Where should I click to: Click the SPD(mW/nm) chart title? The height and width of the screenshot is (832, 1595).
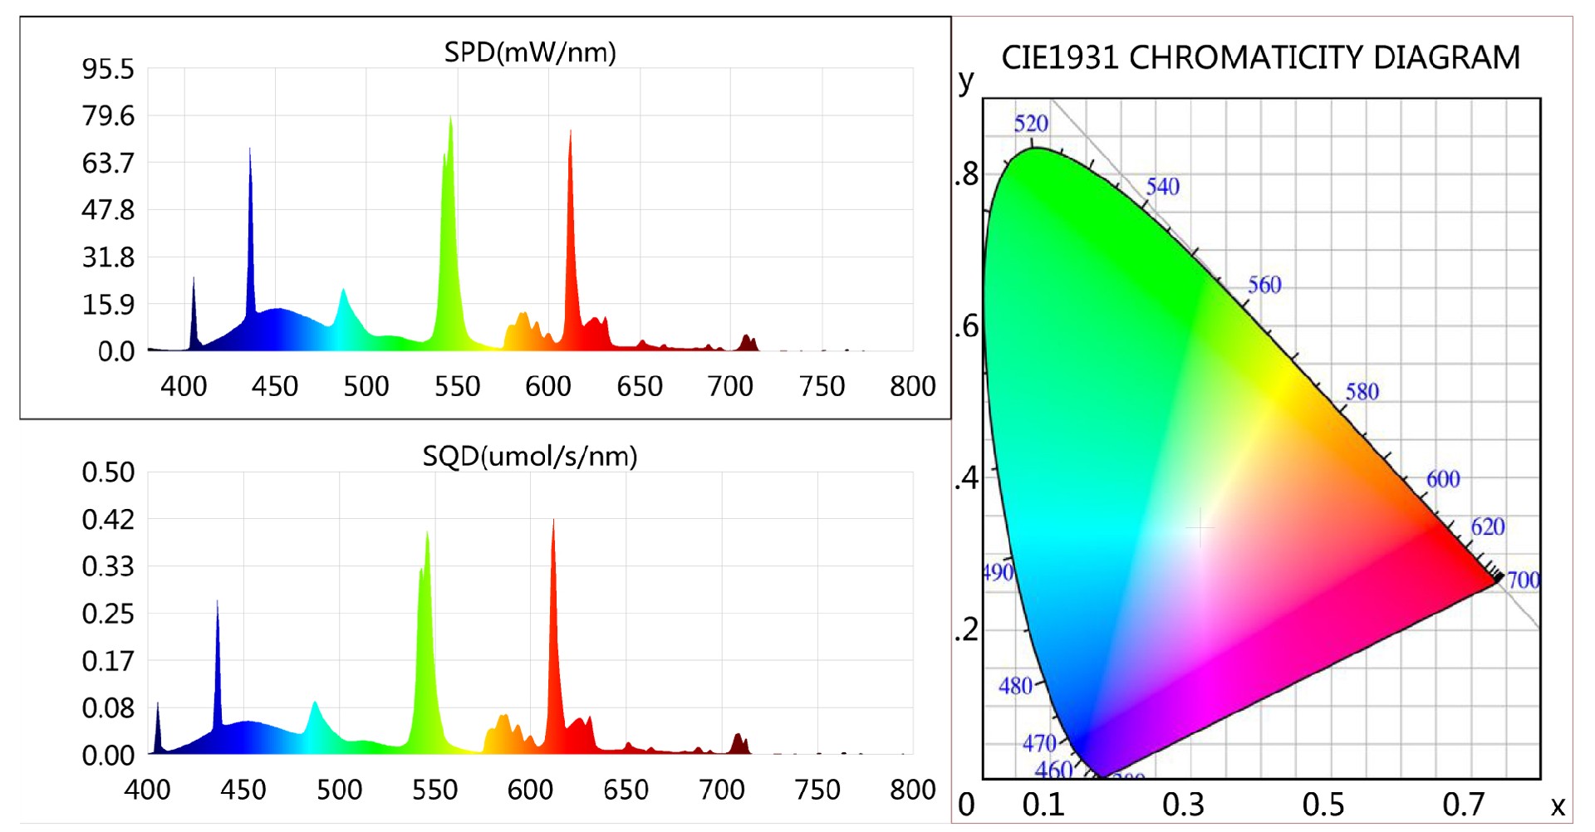(x=530, y=52)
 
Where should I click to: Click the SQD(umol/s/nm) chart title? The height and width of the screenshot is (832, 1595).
(x=530, y=456)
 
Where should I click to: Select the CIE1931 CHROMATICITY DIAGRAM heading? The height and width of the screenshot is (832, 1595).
(x=1260, y=57)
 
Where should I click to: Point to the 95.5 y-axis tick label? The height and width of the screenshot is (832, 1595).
(x=108, y=69)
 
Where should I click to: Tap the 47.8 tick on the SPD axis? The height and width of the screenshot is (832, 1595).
(x=108, y=210)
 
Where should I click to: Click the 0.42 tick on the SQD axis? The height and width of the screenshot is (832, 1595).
(x=108, y=520)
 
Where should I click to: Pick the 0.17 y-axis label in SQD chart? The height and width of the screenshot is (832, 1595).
(x=108, y=661)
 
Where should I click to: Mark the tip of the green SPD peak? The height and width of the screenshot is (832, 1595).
(x=451, y=117)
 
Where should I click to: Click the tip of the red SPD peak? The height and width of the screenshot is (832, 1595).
(x=570, y=131)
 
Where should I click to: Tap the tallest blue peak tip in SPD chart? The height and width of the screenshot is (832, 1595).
(x=250, y=149)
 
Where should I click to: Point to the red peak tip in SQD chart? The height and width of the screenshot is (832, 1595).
(x=553, y=521)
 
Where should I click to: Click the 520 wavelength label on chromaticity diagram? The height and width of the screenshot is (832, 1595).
(x=1031, y=124)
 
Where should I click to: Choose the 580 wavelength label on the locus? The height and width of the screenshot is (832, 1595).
(x=1362, y=391)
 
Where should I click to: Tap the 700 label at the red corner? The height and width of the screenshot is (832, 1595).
(x=1523, y=580)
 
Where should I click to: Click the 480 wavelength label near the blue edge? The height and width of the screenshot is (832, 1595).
(x=1015, y=686)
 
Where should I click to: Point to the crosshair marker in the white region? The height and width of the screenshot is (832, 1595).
(x=1200, y=527)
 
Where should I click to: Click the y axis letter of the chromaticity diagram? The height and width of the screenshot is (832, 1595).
(x=965, y=81)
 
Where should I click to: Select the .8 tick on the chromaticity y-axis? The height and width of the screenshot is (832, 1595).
(x=966, y=175)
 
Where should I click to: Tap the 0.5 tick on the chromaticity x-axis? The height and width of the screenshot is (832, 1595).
(x=1323, y=805)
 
